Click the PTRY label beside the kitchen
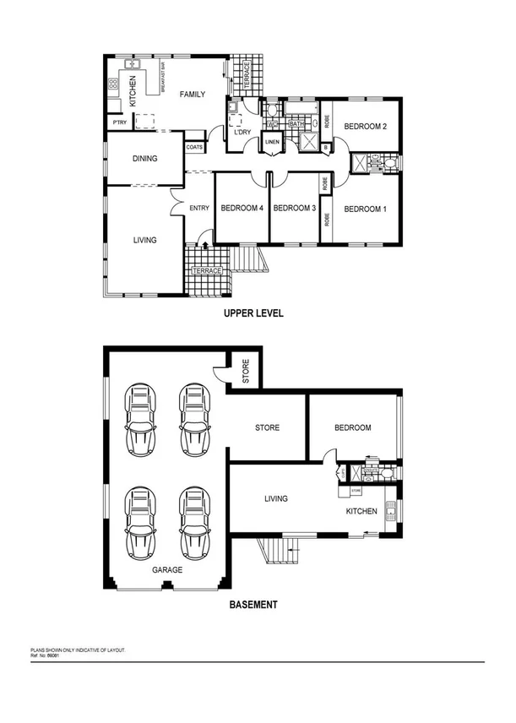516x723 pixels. tap(119, 123)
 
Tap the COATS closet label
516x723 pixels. tap(194, 147)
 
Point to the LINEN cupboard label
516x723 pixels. tap(272, 142)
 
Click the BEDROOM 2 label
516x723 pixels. tap(365, 127)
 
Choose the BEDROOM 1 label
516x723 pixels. tap(365, 209)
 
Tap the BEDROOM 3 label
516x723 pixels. tap(295, 209)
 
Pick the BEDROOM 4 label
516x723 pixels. tap(242, 209)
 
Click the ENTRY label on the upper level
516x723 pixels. tap(199, 209)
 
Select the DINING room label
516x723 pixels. tap(145, 158)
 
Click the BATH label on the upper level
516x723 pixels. tap(296, 124)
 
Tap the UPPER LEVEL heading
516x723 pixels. tap(253, 313)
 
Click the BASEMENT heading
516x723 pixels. tap(254, 605)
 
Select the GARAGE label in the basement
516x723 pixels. tap(167, 570)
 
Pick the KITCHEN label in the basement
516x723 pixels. tap(362, 512)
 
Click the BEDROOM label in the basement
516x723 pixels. tap(353, 427)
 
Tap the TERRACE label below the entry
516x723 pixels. tap(207, 270)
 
